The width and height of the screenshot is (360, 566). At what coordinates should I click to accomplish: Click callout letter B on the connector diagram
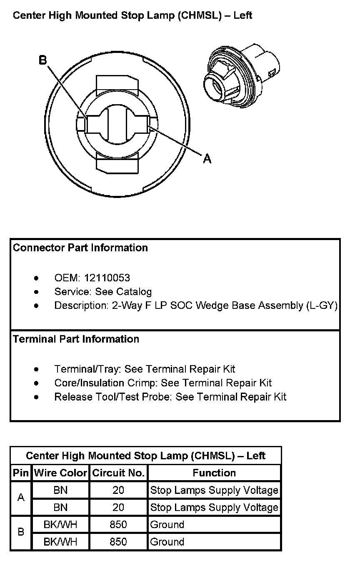point(43,60)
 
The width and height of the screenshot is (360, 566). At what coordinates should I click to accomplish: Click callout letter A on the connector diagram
point(207,158)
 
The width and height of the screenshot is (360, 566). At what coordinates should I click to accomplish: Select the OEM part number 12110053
point(107,278)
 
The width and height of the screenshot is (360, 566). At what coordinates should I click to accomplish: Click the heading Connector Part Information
point(80,248)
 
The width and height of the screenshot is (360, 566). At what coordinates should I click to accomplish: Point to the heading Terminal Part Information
point(76,339)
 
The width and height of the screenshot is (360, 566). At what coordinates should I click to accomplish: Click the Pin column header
point(21,473)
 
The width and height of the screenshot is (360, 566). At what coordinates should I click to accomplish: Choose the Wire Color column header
point(60,473)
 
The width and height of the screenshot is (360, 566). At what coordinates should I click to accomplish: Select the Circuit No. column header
point(118,473)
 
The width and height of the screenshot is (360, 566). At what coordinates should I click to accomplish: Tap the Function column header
point(214,473)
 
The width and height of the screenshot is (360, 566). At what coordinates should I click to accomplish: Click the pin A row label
point(21,498)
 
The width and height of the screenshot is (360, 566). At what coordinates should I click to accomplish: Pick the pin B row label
point(21,532)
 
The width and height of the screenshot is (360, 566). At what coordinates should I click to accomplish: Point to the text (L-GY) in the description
point(322,306)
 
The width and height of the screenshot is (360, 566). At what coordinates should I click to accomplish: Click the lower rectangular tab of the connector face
point(117,163)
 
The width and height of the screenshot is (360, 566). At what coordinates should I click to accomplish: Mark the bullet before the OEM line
point(37,278)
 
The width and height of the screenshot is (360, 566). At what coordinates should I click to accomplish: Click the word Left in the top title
point(242,16)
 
